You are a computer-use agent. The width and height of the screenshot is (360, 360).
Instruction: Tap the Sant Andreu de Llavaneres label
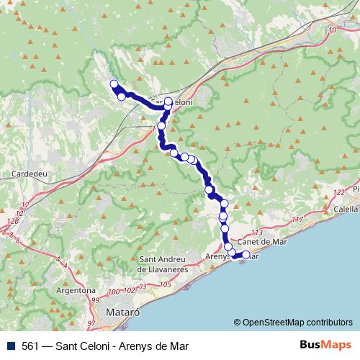tap(173, 265)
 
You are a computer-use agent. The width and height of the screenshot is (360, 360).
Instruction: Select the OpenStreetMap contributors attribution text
tap(293, 322)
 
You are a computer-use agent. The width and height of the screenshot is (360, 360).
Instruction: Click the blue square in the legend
tap(9, 346)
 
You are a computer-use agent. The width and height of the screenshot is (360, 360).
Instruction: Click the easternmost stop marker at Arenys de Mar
tap(246, 255)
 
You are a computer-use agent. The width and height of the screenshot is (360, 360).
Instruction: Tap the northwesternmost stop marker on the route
tap(113, 84)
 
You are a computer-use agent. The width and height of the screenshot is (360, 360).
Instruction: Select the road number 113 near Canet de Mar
tap(257, 232)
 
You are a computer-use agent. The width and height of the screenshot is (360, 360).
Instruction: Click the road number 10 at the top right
tap(332, 31)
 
